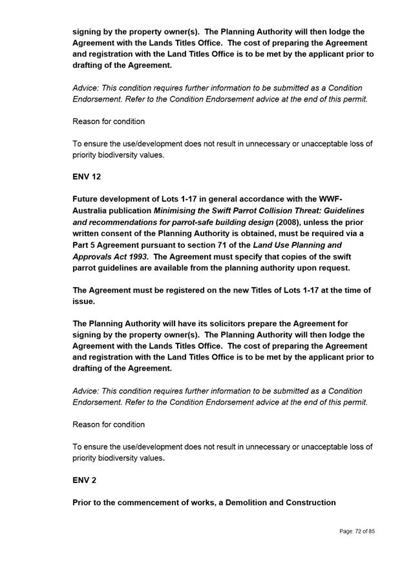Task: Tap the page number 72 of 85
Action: tap(357, 531)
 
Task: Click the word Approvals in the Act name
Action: tap(95, 257)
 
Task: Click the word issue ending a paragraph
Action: tap(85, 301)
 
